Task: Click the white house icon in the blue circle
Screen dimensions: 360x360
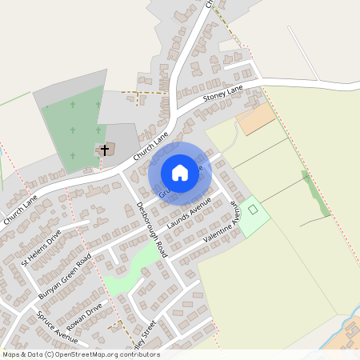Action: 180,173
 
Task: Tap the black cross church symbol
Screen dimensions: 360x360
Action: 105,150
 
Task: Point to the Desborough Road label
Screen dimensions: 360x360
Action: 150,228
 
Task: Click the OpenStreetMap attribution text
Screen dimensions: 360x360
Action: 80,354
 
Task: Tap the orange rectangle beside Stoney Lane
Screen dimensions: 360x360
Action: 256,120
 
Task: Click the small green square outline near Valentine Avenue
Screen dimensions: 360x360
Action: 254,209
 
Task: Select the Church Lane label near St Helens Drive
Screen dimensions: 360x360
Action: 20,210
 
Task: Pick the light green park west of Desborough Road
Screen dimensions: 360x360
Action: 132,268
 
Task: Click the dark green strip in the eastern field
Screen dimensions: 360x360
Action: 315,193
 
